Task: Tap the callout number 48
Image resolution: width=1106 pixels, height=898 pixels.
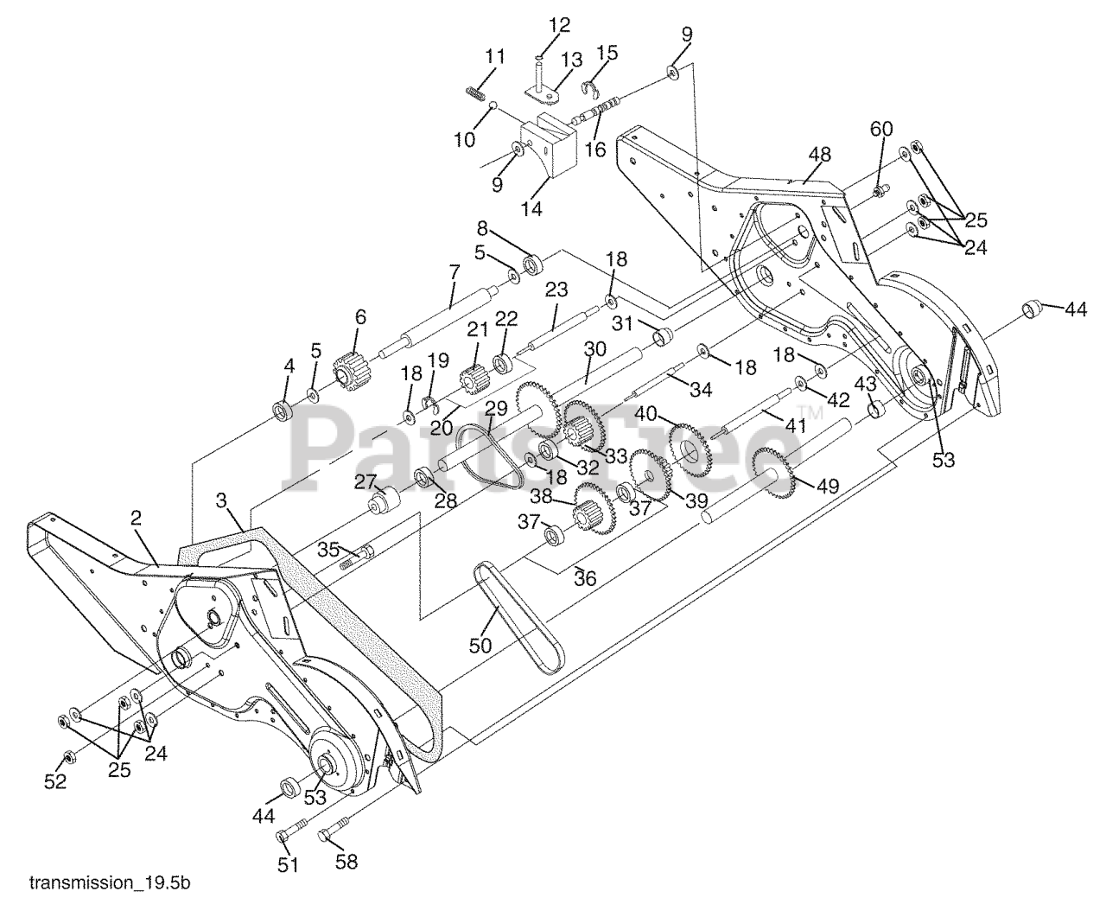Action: tap(819, 155)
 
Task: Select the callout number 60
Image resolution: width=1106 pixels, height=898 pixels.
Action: tap(880, 129)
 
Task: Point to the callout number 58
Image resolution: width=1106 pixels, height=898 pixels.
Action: tap(345, 862)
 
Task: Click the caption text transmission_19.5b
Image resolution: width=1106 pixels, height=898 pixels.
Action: tap(110, 883)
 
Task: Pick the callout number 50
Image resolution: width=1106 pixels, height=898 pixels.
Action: tap(480, 645)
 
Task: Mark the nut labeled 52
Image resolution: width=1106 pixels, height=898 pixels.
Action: tap(66, 759)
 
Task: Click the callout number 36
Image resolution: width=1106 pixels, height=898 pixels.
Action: tap(585, 578)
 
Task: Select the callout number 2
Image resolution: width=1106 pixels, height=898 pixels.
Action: tap(136, 519)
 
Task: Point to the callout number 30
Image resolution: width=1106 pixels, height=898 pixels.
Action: tap(594, 349)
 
